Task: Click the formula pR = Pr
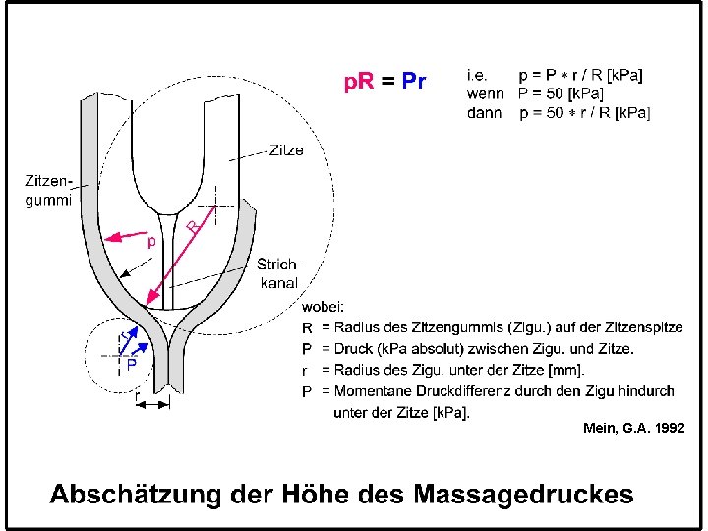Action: click(x=384, y=82)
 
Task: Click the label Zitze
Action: click(x=284, y=150)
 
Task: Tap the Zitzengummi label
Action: click(x=48, y=190)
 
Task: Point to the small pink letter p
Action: click(x=150, y=240)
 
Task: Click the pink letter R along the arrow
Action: click(x=194, y=227)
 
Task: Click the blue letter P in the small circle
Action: click(x=131, y=362)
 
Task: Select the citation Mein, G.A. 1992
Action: click(x=633, y=428)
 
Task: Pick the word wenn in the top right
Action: click(x=486, y=93)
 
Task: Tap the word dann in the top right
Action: click(x=486, y=113)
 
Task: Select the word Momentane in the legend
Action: click(x=375, y=391)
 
